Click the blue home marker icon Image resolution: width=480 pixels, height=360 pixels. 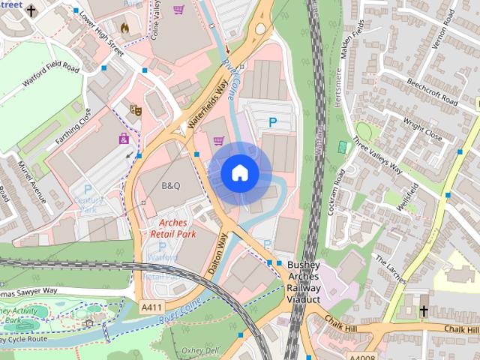coord(239,173)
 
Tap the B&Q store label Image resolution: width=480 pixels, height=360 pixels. coord(169,185)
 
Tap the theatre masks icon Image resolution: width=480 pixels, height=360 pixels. coord(136,110)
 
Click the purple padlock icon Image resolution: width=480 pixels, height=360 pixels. coord(124,138)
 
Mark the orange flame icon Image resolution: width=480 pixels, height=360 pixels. coord(124,28)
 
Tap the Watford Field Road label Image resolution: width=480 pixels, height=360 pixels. coord(50,76)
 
